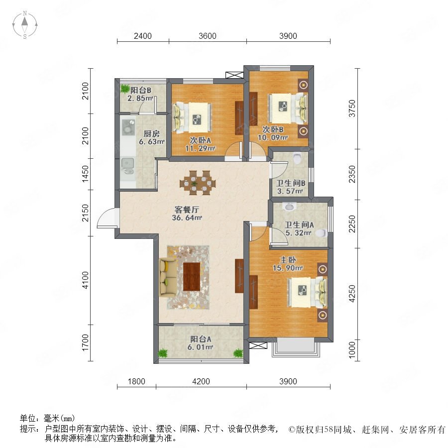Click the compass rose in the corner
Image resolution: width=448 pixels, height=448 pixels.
click(x=25, y=24)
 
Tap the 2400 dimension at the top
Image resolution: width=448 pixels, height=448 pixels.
click(x=143, y=36)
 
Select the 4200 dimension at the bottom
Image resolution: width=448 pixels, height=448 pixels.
click(x=201, y=381)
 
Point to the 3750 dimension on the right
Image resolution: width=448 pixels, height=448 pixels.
click(x=352, y=109)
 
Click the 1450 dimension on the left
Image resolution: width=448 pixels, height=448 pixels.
click(x=85, y=174)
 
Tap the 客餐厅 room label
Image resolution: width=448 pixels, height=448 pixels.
click(x=187, y=210)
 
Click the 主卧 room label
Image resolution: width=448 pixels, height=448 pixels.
click(x=288, y=260)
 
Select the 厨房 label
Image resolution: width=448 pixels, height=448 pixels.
click(x=151, y=133)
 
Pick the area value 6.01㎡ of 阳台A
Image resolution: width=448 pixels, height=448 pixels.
click(x=201, y=347)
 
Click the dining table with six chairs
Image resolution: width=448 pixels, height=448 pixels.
click(x=198, y=183)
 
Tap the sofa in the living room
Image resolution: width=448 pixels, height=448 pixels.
click(x=168, y=277)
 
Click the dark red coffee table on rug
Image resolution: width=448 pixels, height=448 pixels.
click(x=192, y=277)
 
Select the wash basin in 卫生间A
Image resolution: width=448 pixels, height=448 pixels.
click(x=289, y=206)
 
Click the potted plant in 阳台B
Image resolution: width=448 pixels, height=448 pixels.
click(x=124, y=89)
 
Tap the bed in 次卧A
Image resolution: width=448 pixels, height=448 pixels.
click(x=192, y=117)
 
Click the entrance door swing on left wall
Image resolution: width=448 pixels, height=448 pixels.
click(x=108, y=219)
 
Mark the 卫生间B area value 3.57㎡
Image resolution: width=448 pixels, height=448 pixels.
click(x=290, y=191)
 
